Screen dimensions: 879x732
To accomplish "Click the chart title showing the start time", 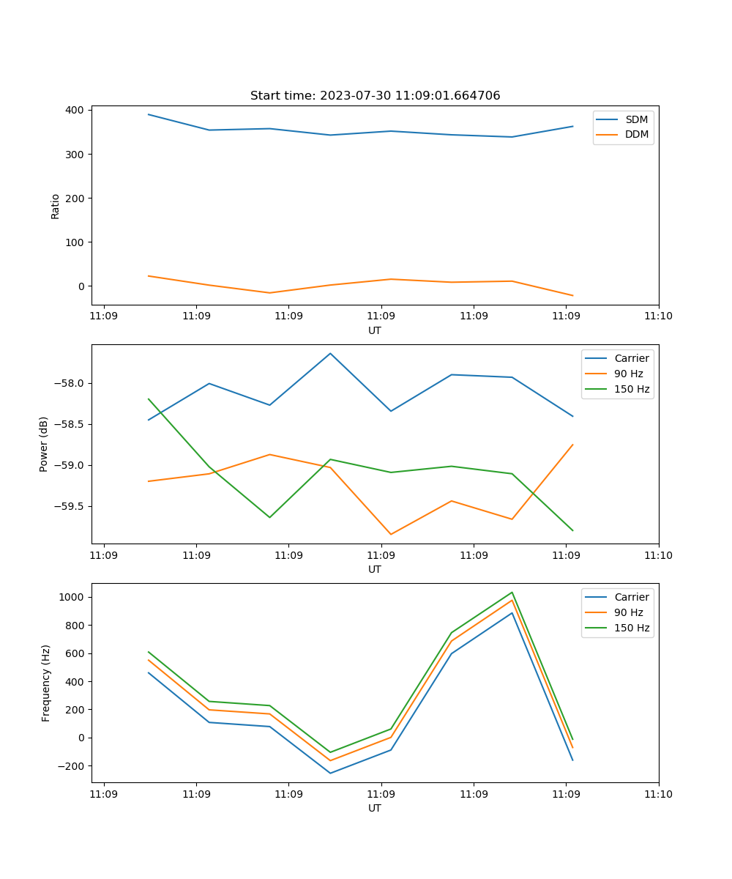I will [375, 96].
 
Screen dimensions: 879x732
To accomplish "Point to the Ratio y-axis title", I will [56, 206].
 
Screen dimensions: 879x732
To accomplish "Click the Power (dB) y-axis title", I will [44, 444].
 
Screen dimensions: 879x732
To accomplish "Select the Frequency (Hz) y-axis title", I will [45, 683].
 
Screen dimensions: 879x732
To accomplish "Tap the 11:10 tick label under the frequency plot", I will [658, 794].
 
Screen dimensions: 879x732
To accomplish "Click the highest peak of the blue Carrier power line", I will [330, 353].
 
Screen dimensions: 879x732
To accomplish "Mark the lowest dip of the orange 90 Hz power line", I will [391, 534].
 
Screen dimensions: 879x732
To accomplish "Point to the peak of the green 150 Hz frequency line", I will [512, 593].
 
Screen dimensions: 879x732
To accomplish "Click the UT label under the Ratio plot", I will [375, 330].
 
